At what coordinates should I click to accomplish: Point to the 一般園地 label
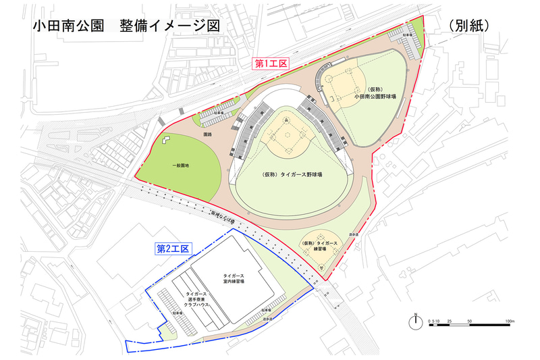tap(180, 165)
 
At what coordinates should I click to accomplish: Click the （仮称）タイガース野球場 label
tap(292, 174)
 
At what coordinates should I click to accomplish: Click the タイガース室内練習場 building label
tap(234, 280)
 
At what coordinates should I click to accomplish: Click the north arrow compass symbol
tap(417, 317)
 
